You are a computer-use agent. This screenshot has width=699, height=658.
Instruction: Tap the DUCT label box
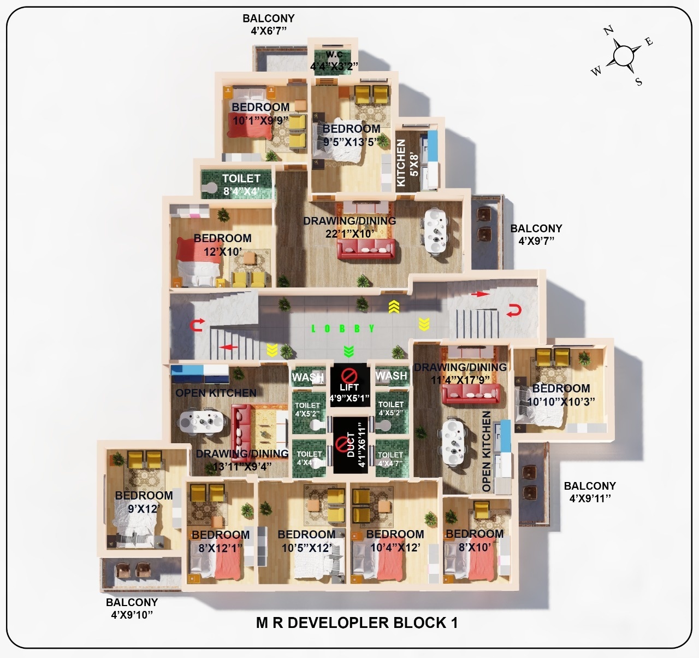(349, 445)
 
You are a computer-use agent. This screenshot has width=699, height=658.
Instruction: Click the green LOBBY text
(342, 328)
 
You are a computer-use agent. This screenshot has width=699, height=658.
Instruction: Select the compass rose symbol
(623, 55)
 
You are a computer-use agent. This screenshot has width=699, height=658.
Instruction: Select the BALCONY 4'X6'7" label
(269, 25)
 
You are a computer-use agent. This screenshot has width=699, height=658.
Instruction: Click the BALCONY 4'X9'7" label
(536, 234)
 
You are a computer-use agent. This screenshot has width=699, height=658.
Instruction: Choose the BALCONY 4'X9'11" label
(590, 491)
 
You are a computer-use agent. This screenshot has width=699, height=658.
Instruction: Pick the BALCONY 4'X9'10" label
(132, 608)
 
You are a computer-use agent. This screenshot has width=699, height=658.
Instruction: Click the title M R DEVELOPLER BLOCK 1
(357, 622)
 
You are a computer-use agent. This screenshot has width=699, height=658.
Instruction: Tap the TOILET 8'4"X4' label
(241, 185)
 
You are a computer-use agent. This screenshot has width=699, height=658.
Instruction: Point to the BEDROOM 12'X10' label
(222, 244)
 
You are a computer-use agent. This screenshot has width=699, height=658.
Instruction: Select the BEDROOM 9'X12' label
(144, 502)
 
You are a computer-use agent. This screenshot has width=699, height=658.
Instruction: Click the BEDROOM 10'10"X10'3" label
(561, 394)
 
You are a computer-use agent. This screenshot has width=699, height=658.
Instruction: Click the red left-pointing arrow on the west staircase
(228, 347)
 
